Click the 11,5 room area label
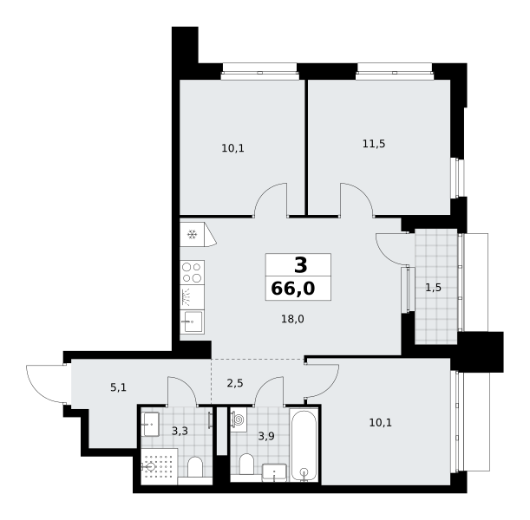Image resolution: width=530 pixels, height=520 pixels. coord(374,144)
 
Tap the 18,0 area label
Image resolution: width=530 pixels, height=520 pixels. coord(292,319)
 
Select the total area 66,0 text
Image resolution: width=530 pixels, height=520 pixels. coord(293,289)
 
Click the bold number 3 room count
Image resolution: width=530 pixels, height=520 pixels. coord(300,265)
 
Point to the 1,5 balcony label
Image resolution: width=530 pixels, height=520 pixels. coord(434,288)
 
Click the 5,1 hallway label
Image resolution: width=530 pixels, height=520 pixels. coord(118,387)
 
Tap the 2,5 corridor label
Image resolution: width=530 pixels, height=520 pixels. coord(235,383)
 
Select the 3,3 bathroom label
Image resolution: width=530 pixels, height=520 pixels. coord(180,431)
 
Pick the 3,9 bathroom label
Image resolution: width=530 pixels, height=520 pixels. coord(266,436)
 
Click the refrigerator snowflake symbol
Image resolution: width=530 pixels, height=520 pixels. coord(193,234)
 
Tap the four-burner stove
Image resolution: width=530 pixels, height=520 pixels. coord(192,272)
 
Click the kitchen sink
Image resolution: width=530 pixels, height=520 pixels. coord(192,322)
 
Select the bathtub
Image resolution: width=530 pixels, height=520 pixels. coord(304,445)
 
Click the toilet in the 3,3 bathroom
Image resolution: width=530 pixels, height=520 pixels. coord(195,467)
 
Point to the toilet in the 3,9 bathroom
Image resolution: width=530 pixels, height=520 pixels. coord(246,464)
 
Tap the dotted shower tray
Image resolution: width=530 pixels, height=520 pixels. coord(160,466)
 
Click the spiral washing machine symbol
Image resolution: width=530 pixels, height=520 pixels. coord(239,419)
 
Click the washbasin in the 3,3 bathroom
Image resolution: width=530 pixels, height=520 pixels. coord(150,424)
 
